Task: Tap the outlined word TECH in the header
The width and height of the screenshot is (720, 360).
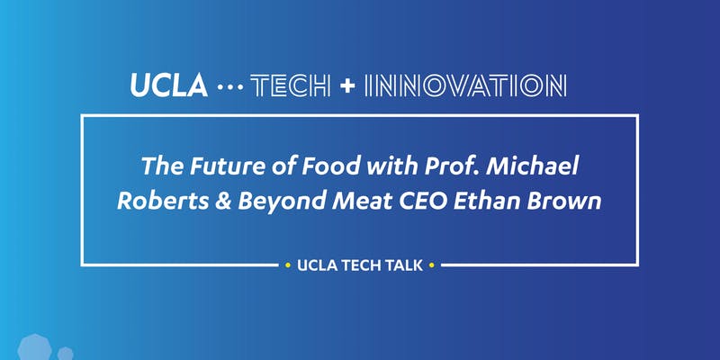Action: (x=287, y=85)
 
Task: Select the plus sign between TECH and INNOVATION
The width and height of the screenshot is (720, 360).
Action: (x=347, y=85)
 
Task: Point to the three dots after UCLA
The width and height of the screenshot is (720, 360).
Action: (x=231, y=87)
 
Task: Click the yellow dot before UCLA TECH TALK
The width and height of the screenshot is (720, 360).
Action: (x=286, y=265)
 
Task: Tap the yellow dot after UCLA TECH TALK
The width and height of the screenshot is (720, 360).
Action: (x=433, y=265)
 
